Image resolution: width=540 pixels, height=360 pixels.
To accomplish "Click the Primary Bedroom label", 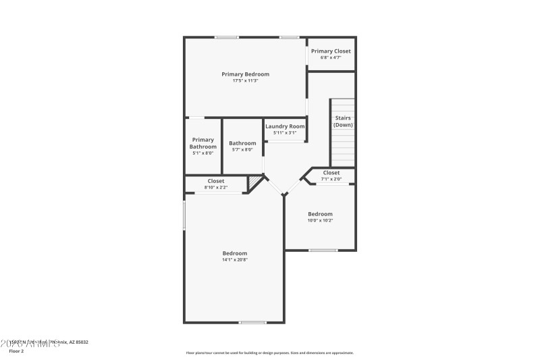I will tap(246, 74).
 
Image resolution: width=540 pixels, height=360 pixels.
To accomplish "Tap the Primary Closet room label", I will tap(331, 51).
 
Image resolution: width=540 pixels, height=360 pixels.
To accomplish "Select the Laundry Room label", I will tap(285, 126).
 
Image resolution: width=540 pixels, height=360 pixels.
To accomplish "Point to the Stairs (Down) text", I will tap(343, 122).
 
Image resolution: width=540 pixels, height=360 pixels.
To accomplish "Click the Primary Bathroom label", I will tap(202, 143).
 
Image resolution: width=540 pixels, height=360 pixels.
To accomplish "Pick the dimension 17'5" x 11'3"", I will tap(246, 80).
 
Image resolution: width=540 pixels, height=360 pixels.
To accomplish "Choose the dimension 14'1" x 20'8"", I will tap(235, 260).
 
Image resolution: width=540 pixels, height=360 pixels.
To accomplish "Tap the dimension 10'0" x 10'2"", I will tap(320, 220).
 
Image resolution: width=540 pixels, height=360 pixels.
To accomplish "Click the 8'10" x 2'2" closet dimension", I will tap(216, 187).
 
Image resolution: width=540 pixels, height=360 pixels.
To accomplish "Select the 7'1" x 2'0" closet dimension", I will tap(331, 179).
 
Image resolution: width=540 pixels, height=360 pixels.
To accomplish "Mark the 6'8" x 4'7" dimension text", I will tap(331, 57).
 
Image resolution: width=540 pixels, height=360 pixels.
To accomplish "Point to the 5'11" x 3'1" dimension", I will tap(285, 132).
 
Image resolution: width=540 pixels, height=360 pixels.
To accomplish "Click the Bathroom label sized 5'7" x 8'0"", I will tap(242, 143).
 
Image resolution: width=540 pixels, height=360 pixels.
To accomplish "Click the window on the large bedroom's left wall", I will tap(185, 215).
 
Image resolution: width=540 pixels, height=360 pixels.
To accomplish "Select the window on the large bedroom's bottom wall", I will tap(253, 322).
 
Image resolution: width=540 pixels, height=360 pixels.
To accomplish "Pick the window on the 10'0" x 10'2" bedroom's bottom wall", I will tap(323, 251).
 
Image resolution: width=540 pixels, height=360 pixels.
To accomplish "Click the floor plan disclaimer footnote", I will tap(270, 353).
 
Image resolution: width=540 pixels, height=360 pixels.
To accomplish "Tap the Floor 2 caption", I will tap(16, 351).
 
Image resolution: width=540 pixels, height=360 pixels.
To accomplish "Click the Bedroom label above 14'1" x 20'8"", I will tap(235, 253).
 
